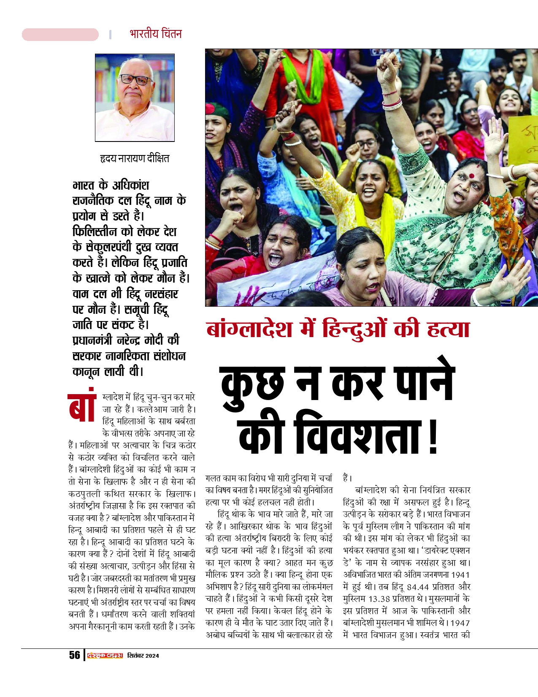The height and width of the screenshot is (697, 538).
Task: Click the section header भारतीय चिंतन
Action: coord(156,34)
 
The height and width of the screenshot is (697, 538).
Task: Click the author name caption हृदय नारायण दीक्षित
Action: coord(135,159)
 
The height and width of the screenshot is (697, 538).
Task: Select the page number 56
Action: coord(75,655)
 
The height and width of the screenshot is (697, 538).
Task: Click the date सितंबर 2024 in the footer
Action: coord(143,656)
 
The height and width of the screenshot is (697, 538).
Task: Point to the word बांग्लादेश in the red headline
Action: coord(249,329)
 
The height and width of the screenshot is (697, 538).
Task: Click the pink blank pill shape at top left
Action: coord(60,35)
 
